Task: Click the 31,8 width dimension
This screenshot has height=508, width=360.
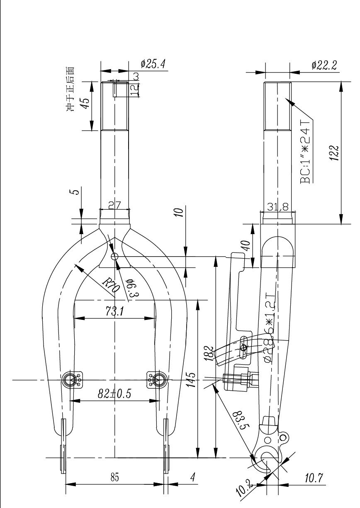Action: (277, 208)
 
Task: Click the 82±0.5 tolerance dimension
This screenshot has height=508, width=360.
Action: (114, 394)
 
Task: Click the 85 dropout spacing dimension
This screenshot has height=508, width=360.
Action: (114, 478)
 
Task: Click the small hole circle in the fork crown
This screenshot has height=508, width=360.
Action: (115, 256)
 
